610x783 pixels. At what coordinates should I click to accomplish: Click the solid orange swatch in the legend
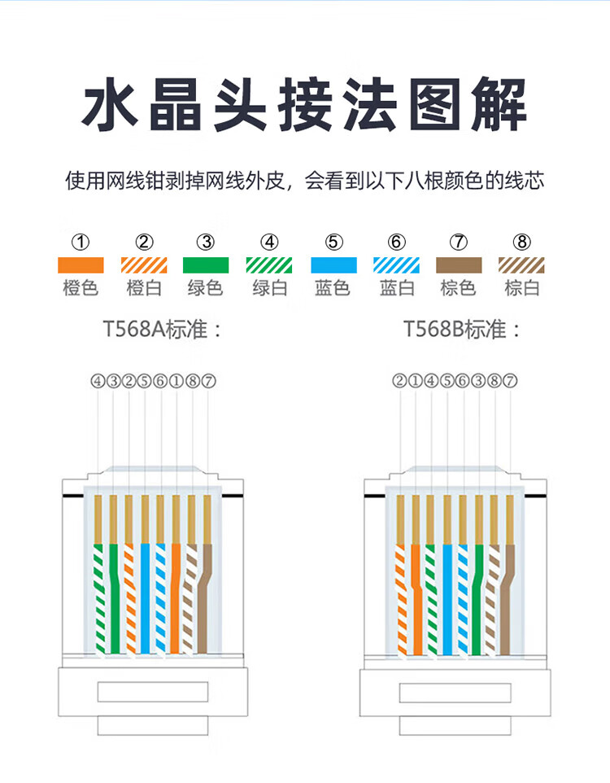coord(81,265)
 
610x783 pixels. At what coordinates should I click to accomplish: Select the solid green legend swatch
coord(207,265)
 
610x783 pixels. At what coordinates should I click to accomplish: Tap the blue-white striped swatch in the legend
coord(396,265)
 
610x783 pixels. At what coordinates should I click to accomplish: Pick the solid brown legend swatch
coord(459,265)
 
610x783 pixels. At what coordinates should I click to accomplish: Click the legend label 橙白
coord(144,288)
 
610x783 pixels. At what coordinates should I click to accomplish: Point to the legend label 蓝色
coord(333,288)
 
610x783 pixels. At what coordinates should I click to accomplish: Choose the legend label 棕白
coord(522,288)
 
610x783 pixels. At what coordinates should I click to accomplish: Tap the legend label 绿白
coord(270,288)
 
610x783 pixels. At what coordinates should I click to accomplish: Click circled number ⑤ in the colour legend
coord(333,242)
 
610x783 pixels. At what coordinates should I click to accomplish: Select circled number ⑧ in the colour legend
coord(522,242)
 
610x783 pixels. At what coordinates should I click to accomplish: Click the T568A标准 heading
coord(162,330)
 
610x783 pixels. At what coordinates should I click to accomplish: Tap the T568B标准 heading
coord(462,330)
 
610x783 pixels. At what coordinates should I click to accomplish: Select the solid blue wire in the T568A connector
coord(145,598)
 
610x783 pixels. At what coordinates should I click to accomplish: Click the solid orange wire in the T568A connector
coord(176,598)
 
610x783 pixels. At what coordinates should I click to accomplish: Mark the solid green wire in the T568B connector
coord(478,598)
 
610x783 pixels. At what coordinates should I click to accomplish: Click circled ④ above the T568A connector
coord(98,380)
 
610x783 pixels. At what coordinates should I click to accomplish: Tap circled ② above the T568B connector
coord(399,380)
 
